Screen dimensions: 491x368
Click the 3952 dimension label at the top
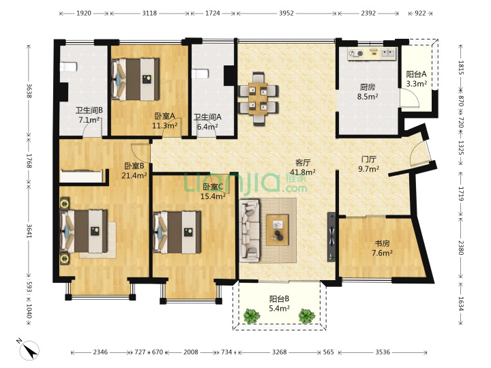(x=286, y=13)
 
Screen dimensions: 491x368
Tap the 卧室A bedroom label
(x=165, y=117)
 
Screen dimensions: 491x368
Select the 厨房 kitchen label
(x=368, y=87)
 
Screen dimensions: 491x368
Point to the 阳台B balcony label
(x=279, y=299)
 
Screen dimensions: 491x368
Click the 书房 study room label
(x=382, y=243)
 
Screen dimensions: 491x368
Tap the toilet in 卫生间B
(x=68, y=67)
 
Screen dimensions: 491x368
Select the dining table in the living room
(x=258, y=99)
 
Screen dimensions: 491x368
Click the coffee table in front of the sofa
(x=277, y=230)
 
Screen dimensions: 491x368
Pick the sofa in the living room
(x=250, y=230)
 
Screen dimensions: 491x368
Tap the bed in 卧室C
(x=177, y=232)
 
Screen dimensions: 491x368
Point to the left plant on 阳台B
(x=252, y=316)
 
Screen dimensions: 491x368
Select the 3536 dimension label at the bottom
(x=383, y=352)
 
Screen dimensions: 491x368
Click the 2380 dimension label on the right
(x=460, y=247)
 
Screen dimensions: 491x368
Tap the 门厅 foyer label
(x=368, y=159)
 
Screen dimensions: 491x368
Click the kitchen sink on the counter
(x=388, y=54)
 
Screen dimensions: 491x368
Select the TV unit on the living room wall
(x=331, y=237)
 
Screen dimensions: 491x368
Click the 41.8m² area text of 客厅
(x=303, y=172)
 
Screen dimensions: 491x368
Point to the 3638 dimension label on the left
(x=29, y=91)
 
